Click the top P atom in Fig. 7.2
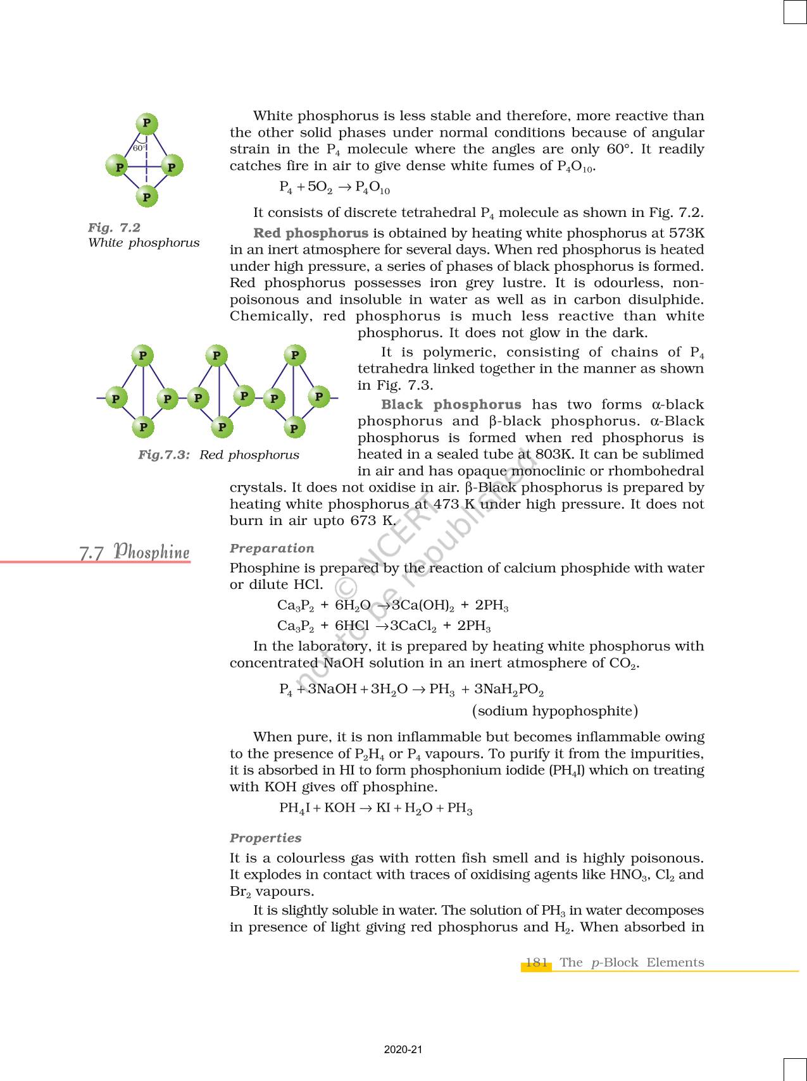point(147,123)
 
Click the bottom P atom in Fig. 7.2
point(147,197)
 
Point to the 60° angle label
point(139,148)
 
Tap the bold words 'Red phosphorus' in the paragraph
point(311,233)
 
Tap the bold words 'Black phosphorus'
point(451,405)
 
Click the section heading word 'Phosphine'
point(152,552)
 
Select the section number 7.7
point(92,553)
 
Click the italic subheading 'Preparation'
point(272,548)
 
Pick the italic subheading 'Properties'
point(266,838)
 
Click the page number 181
point(537,963)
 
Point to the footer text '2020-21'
point(403,1050)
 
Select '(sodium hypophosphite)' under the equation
point(555,711)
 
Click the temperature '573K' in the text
point(686,233)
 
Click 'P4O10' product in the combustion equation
point(373,188)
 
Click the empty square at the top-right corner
point(795,12)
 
